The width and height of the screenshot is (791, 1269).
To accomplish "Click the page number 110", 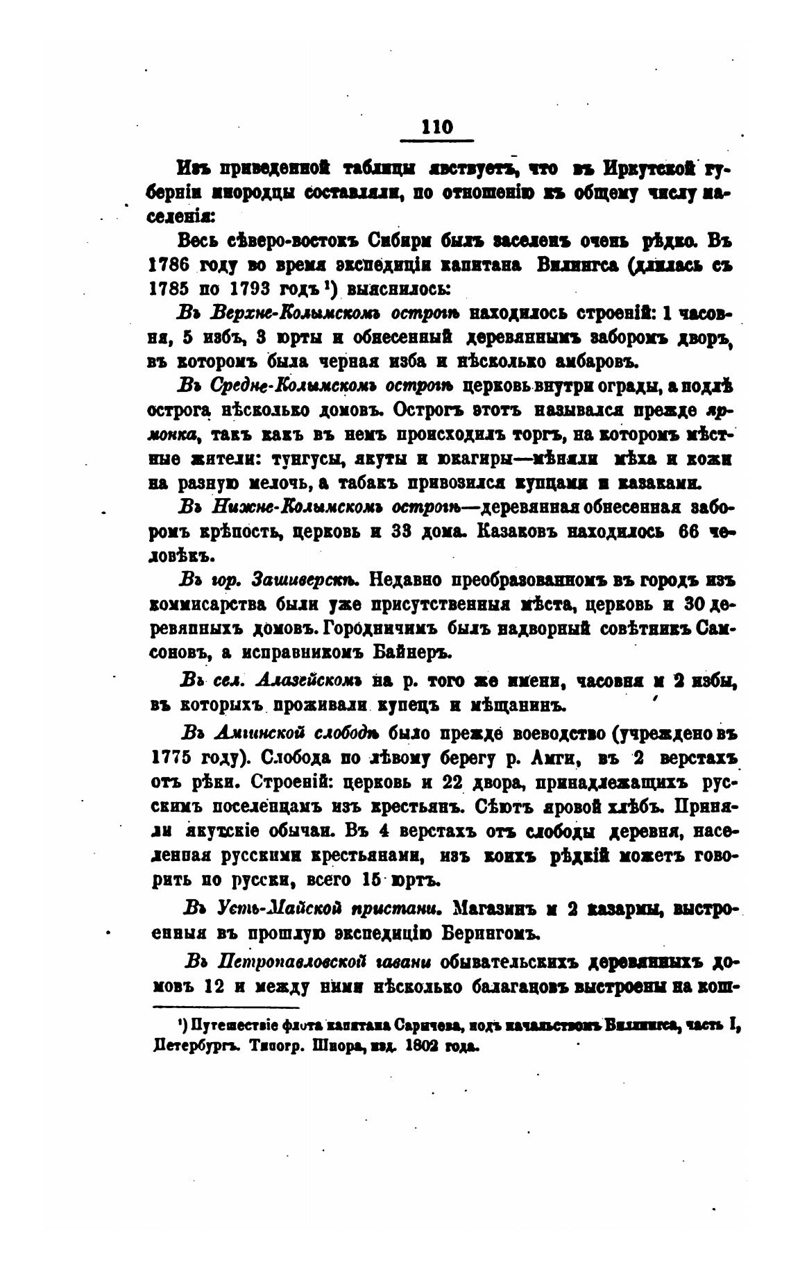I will pos(437,128).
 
